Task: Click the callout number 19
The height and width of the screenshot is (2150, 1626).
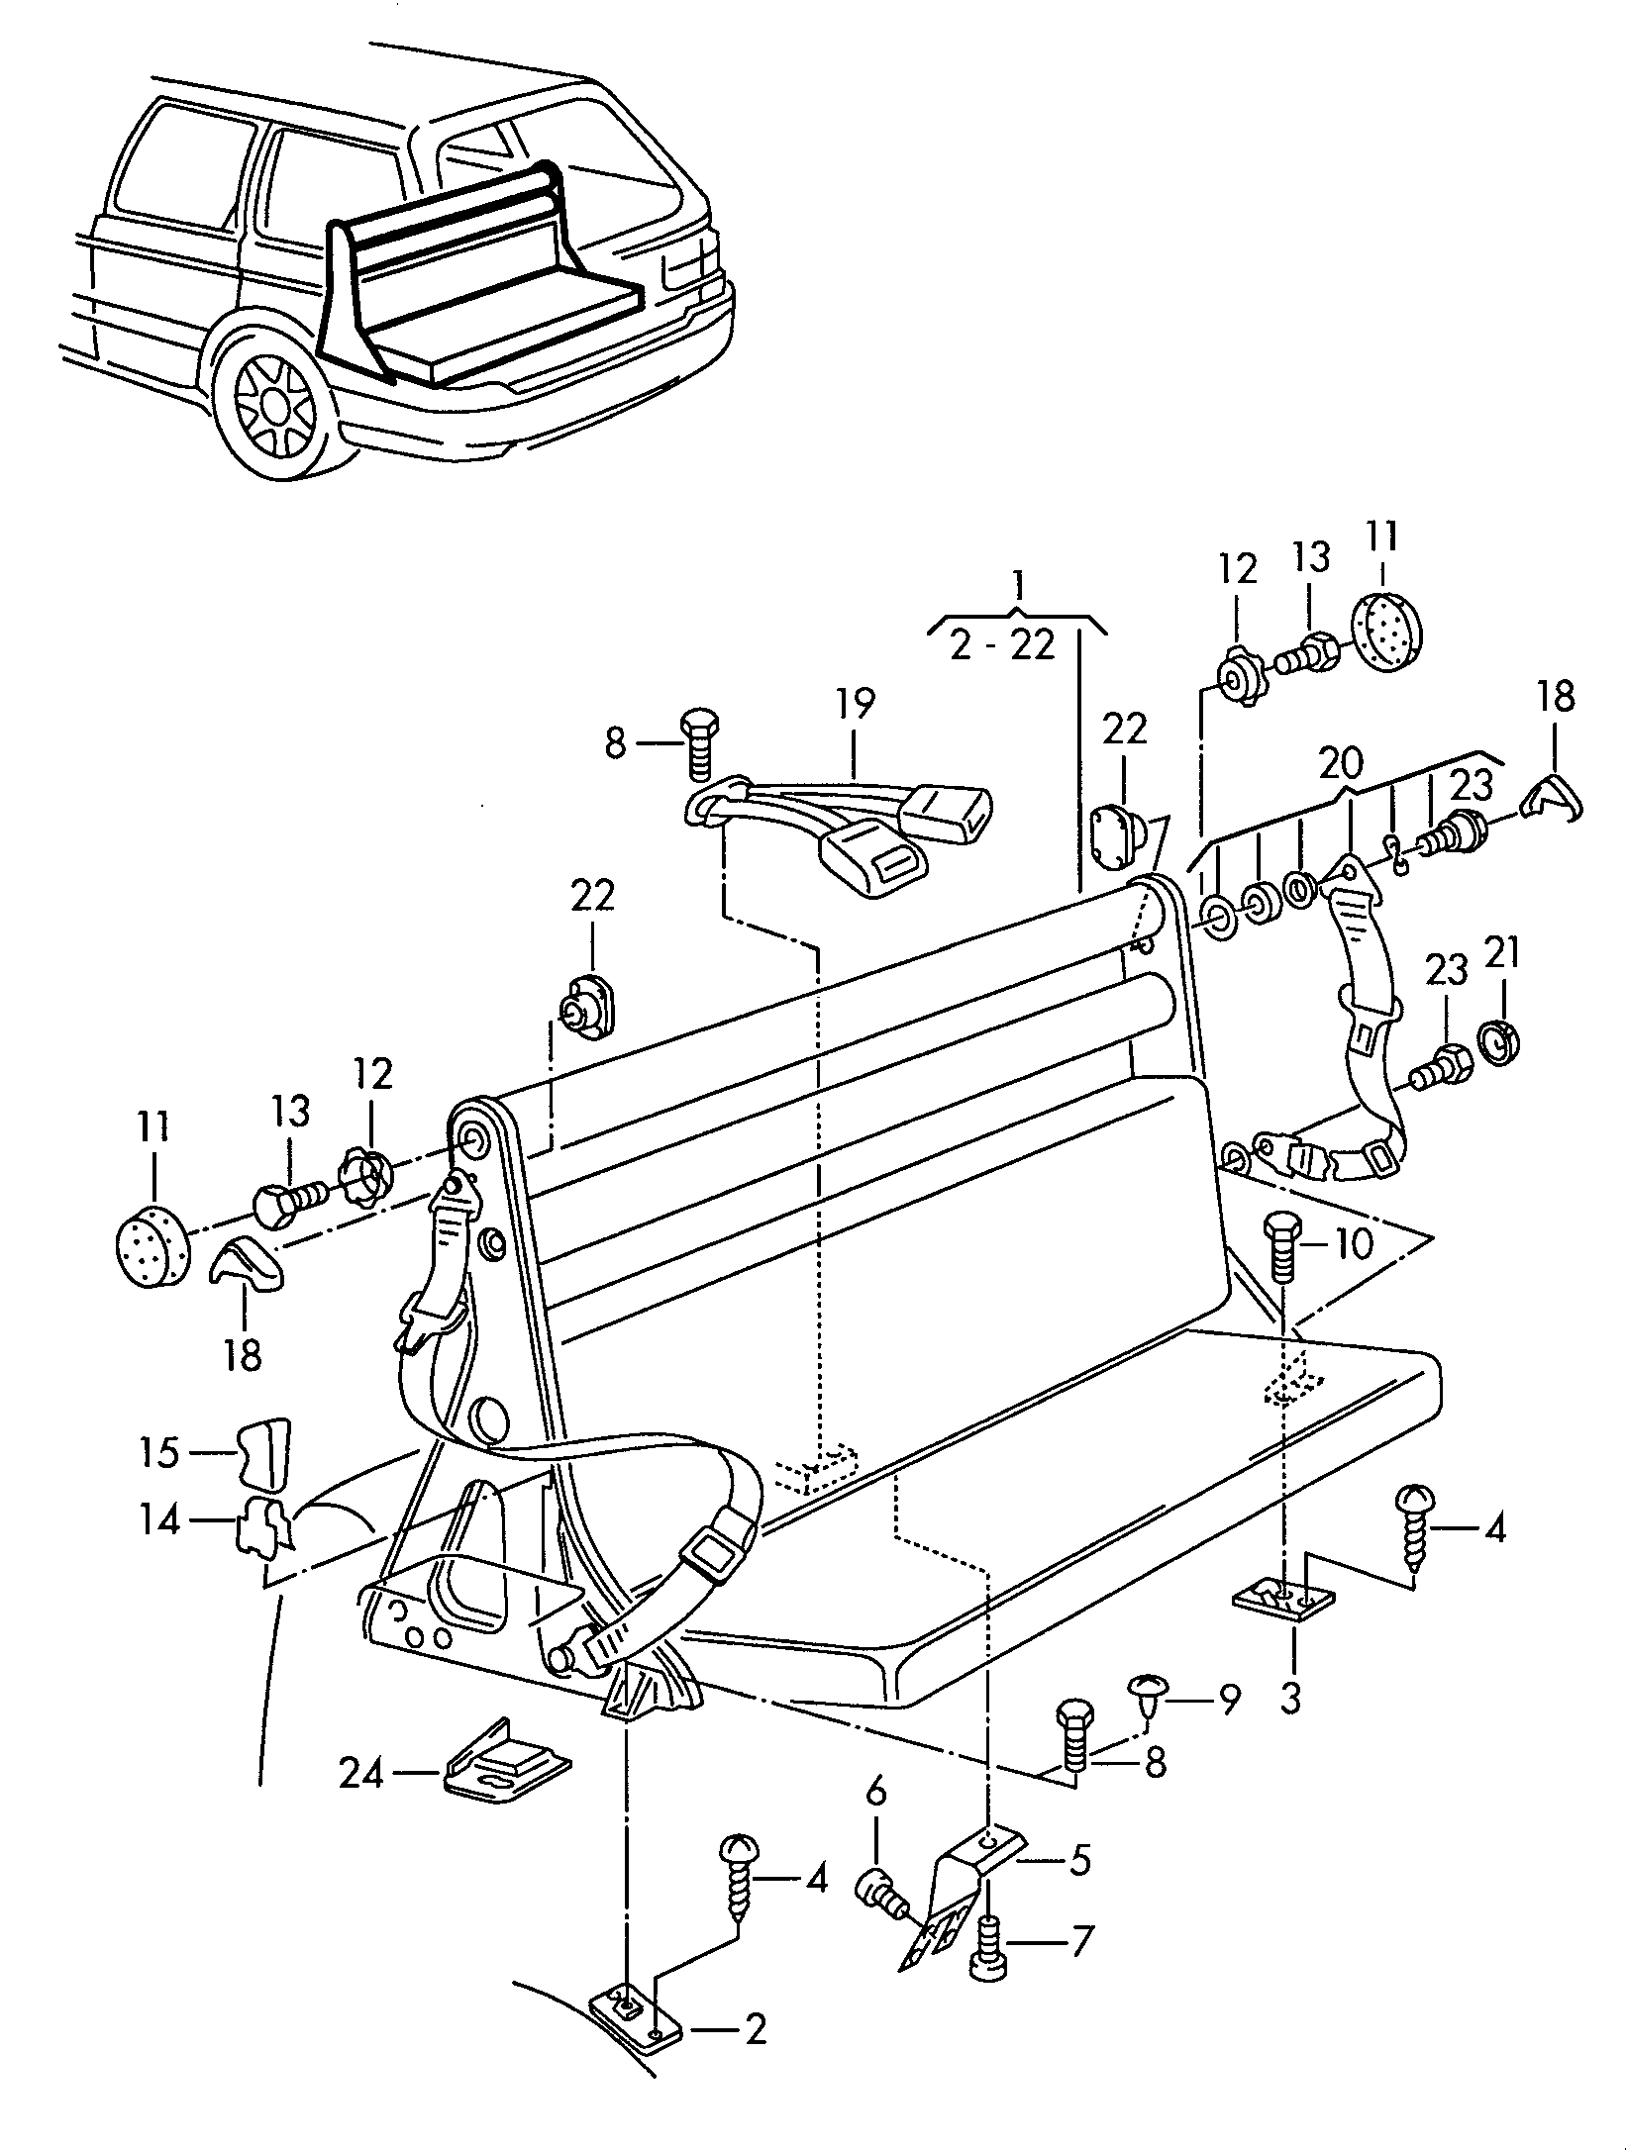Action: pos(855,705)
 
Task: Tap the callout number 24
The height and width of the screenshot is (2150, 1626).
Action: pos(360,1774)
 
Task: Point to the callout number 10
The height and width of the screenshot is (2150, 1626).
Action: pos(1352,1244)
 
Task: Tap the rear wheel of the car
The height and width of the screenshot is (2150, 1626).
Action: pos(274,406)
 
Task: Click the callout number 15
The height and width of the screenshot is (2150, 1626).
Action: pos(159,1453)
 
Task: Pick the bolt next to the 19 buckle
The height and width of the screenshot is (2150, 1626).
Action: pos(699,742)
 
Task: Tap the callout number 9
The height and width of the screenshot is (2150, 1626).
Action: pos(1228,1701)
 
